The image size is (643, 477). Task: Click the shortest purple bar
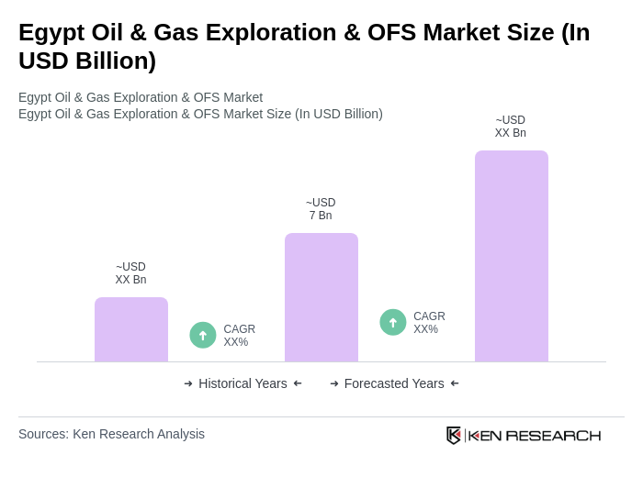pos(131,329)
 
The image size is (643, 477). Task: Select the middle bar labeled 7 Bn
pos(321,297)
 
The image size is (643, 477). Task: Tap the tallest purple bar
pos(511,256)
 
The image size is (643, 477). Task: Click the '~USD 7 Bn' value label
pos(321,209)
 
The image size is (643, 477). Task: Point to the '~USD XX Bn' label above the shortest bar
pos(130,273)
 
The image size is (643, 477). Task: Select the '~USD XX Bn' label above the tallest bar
pos(511,127)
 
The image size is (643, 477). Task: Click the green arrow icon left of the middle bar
pos(203,335)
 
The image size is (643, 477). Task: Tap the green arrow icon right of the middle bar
pos(393,322)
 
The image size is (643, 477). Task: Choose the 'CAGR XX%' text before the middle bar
pos(239,336)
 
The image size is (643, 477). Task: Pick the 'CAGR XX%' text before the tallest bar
pos(429,323)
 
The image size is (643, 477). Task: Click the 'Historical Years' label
pos(243,383)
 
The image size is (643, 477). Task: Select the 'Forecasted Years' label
pos(394,383)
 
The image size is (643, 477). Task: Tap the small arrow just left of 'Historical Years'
pos(188,383)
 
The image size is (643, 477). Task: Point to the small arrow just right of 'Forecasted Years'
pos(455,383)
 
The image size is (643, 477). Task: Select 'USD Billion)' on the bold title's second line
pos(87,61)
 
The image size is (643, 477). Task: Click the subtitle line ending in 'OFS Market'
pos(141,97)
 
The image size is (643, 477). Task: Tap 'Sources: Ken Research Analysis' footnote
pos(111,434)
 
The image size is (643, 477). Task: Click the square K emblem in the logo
pos(454,435)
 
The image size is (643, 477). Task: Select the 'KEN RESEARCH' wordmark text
pos(535,435)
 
